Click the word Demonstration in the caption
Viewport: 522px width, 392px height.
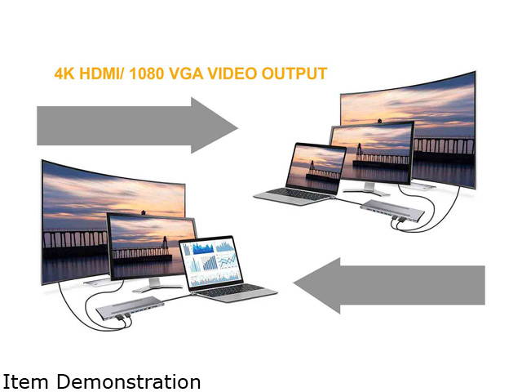pyautogui.click(x=122, y=381)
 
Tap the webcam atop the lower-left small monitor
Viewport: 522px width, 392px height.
pyautogui.click(x=144, y=213)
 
